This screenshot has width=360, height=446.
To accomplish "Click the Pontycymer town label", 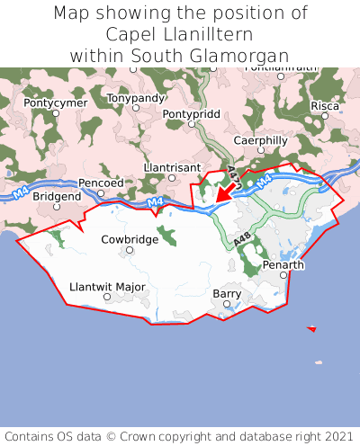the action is (x=56, y=103).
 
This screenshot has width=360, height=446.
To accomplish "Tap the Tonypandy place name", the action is (x=136, y=97).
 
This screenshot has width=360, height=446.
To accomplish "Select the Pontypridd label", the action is (x=191, y=114).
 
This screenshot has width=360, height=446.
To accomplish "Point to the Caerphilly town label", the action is (x=260, y=140).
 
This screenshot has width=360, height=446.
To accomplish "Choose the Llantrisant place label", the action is (x=172, y=167).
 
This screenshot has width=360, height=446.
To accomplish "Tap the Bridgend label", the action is (x=58, y=196).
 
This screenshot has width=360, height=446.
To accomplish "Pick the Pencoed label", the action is (x=101, y=183).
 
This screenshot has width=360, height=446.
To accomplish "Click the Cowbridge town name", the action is (x=129, y=239).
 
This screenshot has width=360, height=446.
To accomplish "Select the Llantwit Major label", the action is (x=107, y=287).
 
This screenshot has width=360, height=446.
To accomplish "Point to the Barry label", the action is (x=227, y=293).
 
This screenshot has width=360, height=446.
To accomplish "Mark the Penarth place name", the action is (x=283, y=265).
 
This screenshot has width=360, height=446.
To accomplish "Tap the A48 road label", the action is (x=240, y=240).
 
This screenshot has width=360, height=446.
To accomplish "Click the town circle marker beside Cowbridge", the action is (x=130, y=250).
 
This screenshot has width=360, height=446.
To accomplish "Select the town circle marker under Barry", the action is (x=227, y=304).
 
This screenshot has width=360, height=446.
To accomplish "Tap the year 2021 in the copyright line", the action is (x=335, y=435).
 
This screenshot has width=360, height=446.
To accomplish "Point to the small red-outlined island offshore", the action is (x=311, y=329).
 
